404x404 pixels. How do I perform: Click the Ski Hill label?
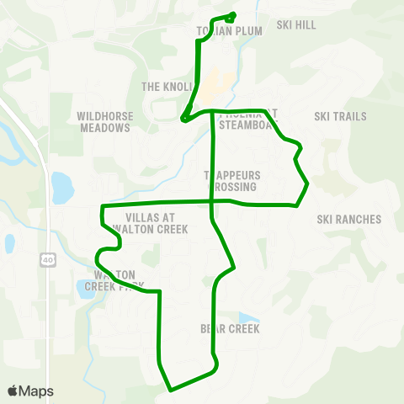297,25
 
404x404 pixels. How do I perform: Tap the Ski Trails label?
340,116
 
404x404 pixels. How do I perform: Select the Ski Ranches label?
349,220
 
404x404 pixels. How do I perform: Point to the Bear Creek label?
230,328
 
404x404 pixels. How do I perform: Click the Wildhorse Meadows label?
104,122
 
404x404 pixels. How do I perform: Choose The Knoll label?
162,87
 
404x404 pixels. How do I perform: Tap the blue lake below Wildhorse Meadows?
61,188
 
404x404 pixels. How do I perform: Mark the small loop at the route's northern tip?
229,16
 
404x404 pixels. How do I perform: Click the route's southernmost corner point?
171,391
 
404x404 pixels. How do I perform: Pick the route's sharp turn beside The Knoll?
183,118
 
